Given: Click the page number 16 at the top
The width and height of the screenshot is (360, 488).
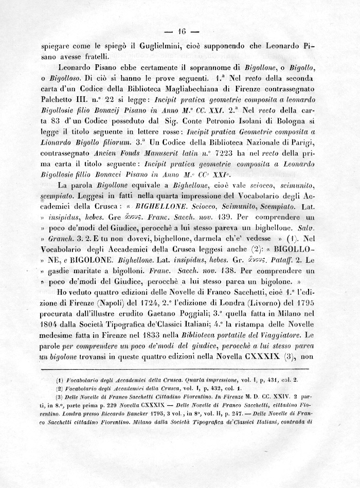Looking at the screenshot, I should [181, 29].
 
